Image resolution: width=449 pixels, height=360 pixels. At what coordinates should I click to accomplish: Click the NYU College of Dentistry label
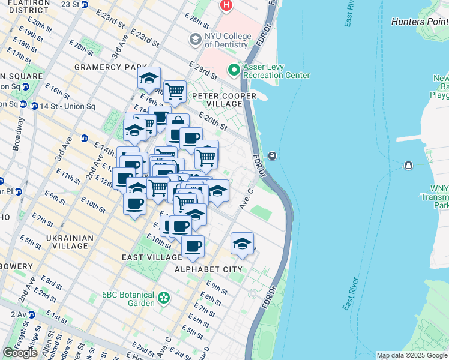228,40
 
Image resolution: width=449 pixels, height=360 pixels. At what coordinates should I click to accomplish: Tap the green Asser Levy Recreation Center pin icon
234,71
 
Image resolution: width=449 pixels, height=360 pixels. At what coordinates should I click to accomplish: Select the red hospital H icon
226,6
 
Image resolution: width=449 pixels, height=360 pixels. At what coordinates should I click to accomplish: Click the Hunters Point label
419,22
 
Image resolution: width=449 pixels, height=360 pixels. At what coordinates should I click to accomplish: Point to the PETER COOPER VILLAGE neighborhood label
224,96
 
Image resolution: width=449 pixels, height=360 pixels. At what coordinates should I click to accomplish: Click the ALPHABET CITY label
208,269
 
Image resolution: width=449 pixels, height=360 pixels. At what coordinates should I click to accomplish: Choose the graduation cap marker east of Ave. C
242,243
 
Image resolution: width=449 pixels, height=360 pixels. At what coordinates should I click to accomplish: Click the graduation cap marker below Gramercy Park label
149,77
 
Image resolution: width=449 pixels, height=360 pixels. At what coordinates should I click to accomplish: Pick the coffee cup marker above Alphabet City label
193,246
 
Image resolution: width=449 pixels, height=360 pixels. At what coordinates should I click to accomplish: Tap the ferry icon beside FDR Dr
273,157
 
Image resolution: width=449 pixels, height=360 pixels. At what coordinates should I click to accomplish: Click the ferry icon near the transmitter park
408,165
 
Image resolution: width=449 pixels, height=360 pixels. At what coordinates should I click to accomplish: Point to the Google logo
20,353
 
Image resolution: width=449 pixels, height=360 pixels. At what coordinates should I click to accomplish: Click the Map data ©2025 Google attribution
412,355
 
